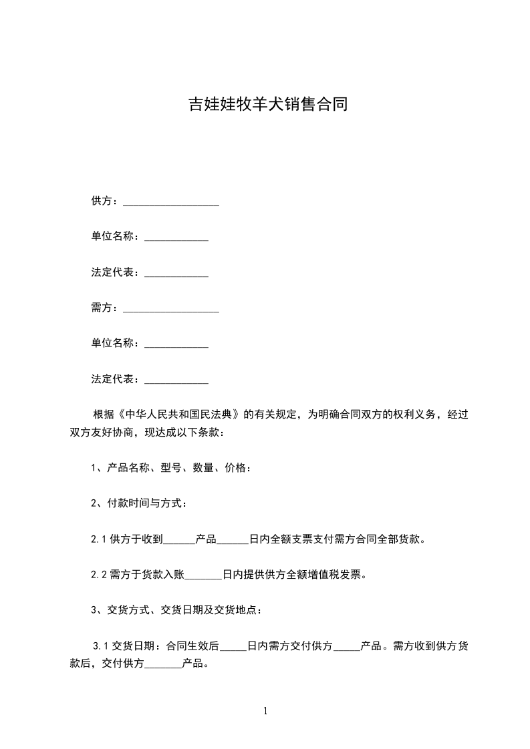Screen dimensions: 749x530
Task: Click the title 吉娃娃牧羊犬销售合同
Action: [x=267, y=105]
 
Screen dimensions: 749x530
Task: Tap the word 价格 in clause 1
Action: [x=235, y=468]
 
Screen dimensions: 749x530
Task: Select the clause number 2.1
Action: [x=98, y=539]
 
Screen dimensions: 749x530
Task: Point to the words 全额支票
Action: [x=291, y=539]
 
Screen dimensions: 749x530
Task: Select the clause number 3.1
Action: [x=101, y=646]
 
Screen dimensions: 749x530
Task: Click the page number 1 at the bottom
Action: [x=265, y=711]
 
